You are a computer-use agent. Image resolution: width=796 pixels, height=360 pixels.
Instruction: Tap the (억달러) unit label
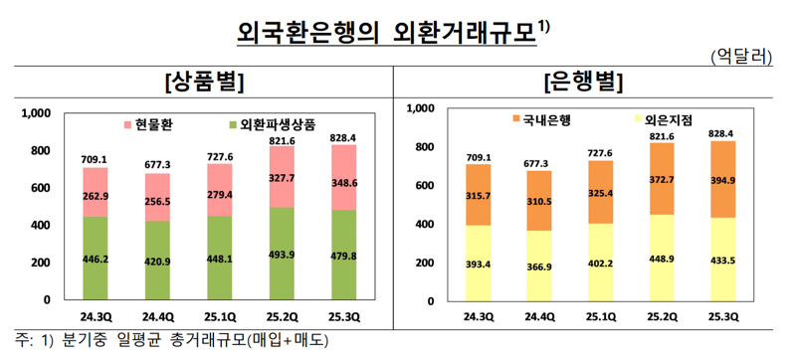pos(742,57)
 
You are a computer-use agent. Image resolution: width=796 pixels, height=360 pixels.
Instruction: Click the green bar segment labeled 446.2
pos(95,257)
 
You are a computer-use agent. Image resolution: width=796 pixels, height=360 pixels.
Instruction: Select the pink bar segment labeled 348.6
pos(345,184)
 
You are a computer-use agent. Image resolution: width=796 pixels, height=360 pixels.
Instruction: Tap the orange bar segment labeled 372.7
pos(662,179)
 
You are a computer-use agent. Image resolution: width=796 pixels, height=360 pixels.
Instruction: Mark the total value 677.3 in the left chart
pos(158,164)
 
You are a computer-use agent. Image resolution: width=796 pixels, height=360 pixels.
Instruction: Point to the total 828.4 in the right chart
pos(720,132)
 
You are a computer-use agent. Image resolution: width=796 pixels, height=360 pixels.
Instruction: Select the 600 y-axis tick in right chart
pos(422,185)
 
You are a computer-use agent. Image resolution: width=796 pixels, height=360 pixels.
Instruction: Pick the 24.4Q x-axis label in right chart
pos(534,316)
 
